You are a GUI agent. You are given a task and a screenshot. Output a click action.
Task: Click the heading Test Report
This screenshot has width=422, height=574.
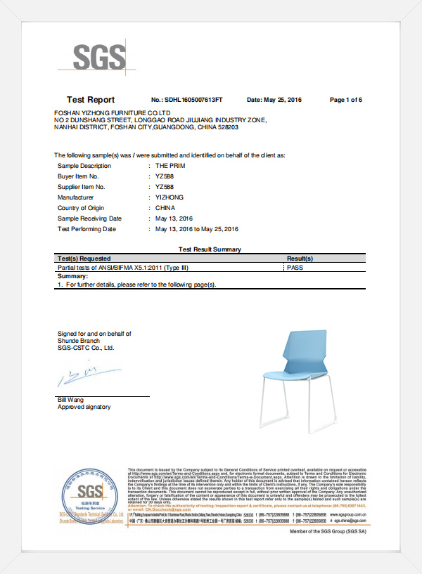pos(91,100)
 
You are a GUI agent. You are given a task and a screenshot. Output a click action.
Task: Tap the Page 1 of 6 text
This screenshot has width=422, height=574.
pos(346,100)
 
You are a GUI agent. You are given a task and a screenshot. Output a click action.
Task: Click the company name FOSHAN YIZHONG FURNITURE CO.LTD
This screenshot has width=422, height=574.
pos(113,112)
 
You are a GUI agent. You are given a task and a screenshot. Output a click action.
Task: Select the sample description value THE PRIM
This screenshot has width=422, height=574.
pos(170,165)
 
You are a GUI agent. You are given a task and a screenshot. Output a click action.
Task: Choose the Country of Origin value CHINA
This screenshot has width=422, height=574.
pos(166,208)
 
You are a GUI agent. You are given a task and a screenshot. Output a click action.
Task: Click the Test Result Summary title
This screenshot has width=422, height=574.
pos(210,249)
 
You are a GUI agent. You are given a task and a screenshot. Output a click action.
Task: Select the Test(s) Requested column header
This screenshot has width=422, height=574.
pos(84,259)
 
